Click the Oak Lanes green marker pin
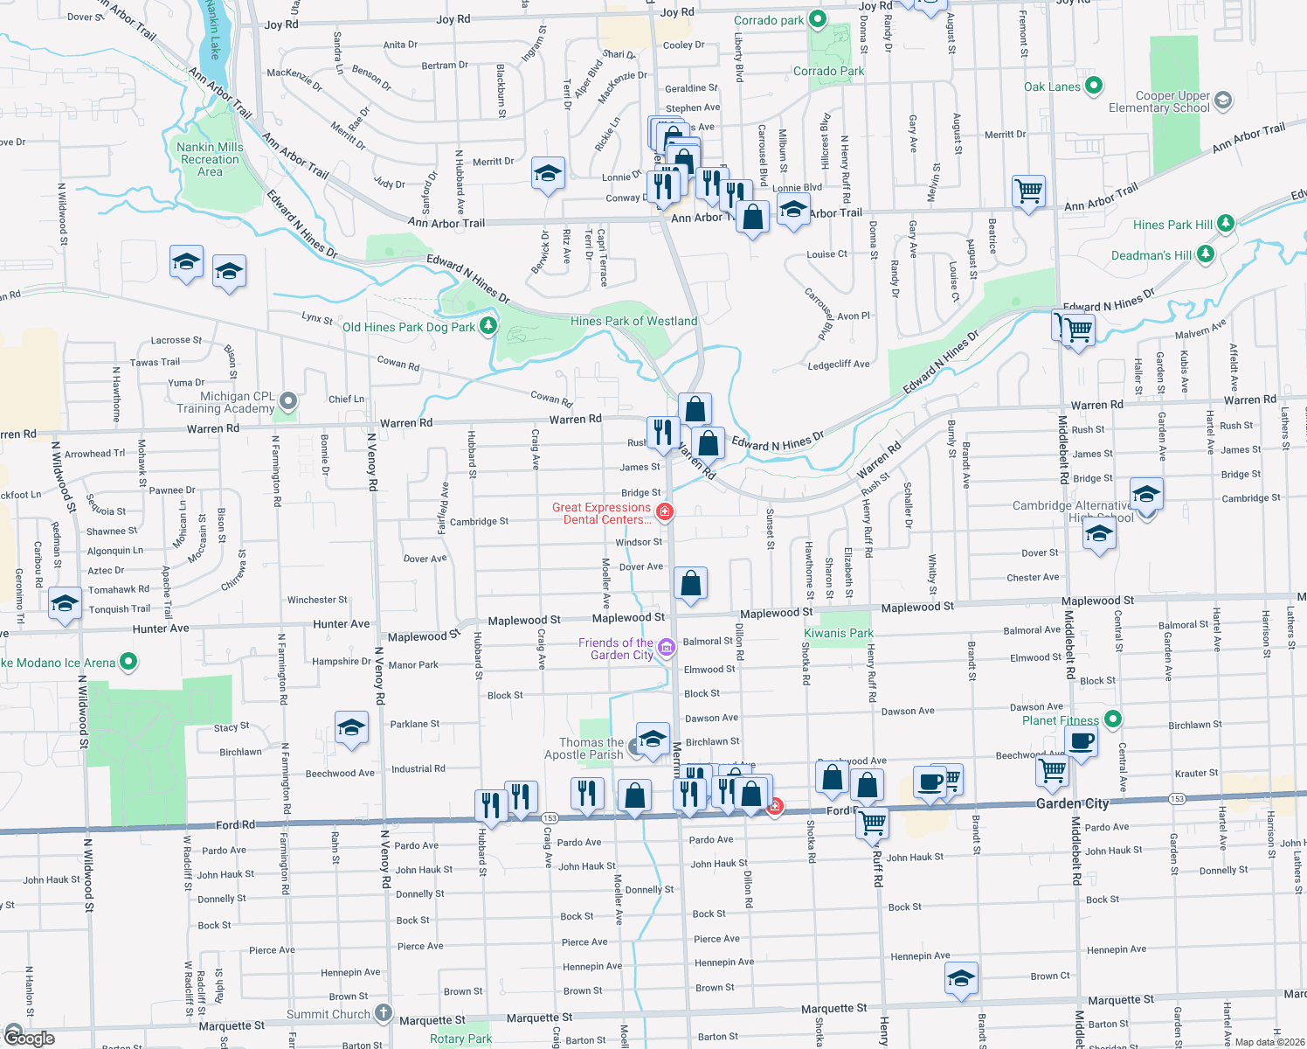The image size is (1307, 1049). pos(1093,87)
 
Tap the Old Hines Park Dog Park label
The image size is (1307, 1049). pos(409,327)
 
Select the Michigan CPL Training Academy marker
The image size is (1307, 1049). pos(288,402)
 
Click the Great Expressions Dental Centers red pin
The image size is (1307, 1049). pos(665,511)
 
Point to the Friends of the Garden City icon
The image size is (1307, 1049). pos(667,647)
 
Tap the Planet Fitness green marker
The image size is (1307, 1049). pos(1112,719)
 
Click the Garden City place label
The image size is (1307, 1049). pos(1072,803)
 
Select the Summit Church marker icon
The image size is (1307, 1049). pos(384,1013)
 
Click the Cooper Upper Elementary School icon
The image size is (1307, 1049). pos(1223,100)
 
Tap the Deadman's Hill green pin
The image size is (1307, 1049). pos(1206,254)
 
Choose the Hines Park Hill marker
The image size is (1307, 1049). pos(1226,224)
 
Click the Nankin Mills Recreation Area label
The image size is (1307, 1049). pos(210,159)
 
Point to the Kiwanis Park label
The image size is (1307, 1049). pos(839,633)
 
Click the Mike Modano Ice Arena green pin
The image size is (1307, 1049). pos(128,662)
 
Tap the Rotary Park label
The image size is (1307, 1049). pos(460,1039)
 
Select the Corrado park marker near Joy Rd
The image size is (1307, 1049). pos(817,18)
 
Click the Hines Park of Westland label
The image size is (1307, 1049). pos(633,321)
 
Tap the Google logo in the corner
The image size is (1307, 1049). pos(29,1038)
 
